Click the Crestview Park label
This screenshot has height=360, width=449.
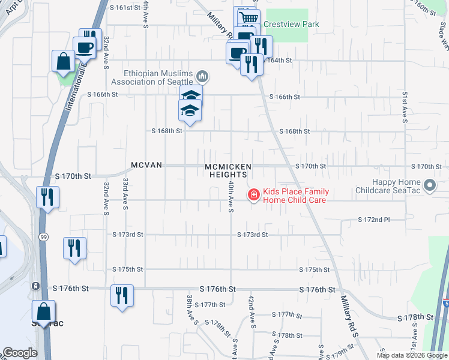tap(294, 25)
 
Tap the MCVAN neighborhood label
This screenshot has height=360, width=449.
tap(147, 165)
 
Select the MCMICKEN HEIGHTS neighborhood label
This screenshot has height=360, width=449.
tap(228, 170)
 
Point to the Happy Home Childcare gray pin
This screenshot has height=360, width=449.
tap(429, 186)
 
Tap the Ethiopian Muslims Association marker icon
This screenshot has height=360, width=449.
tap(202, 76)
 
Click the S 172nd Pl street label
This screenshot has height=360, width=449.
tap(374, 220)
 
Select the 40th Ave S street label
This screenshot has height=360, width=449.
tap(230, 197)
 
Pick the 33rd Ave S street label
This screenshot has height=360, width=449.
tap(125, 193)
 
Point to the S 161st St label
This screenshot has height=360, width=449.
tap(125, 8)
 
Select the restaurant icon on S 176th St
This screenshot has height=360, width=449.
tap(122, 295)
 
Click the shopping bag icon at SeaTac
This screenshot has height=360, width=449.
tap(43, 312)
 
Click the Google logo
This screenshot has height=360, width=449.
tap(20, 353)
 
